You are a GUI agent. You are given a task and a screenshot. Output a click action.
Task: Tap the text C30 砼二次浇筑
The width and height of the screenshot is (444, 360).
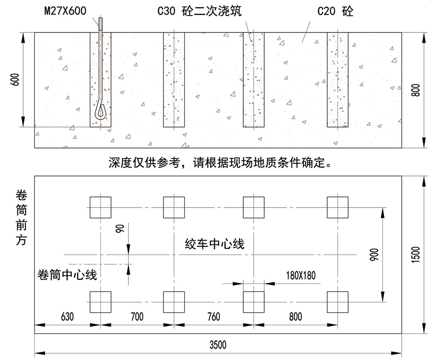[199, 12]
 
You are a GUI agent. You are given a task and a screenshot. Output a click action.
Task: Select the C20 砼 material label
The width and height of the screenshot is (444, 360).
[335, 12]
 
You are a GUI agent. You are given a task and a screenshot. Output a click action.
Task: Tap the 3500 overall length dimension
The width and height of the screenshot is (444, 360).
[218, 344]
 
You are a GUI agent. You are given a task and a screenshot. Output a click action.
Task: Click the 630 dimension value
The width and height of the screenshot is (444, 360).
[67, 316]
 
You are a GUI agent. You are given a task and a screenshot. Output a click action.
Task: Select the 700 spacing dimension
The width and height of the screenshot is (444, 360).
[137, 316]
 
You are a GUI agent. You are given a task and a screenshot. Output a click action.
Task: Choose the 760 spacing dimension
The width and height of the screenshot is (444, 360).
[213, 316]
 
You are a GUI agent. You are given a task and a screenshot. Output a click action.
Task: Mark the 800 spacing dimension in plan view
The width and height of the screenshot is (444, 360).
[295, 316]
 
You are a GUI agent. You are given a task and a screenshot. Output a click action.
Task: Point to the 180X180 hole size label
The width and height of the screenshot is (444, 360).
[301, 275]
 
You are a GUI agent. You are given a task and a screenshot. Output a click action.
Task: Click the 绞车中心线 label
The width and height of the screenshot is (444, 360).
[215, 244]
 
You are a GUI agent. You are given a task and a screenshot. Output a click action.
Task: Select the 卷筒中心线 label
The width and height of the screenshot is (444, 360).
[68, 275]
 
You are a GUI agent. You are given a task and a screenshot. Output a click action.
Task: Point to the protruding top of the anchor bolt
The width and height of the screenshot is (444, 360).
[101, 24]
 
